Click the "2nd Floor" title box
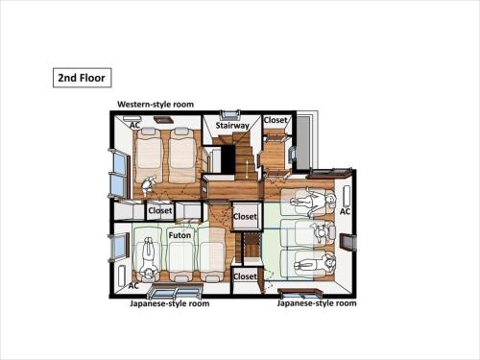tap(82, 78)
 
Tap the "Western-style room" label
tap(156, 105)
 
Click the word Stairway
tap(232, 125)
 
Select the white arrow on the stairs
tap(248, 169)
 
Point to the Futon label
tap(180, 235)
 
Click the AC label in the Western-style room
tap(134, 126)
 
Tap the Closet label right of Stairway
tap(276, 120)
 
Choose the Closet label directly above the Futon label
tap(160, 210)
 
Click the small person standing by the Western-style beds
tap(148, 185)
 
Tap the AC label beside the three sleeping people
tap(345, 211)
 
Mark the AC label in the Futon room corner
tap(133, 285)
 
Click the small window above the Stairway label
tap(229, 114)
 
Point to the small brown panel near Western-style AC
tap(163, 120)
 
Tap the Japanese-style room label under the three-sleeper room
tap(317, 303)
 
